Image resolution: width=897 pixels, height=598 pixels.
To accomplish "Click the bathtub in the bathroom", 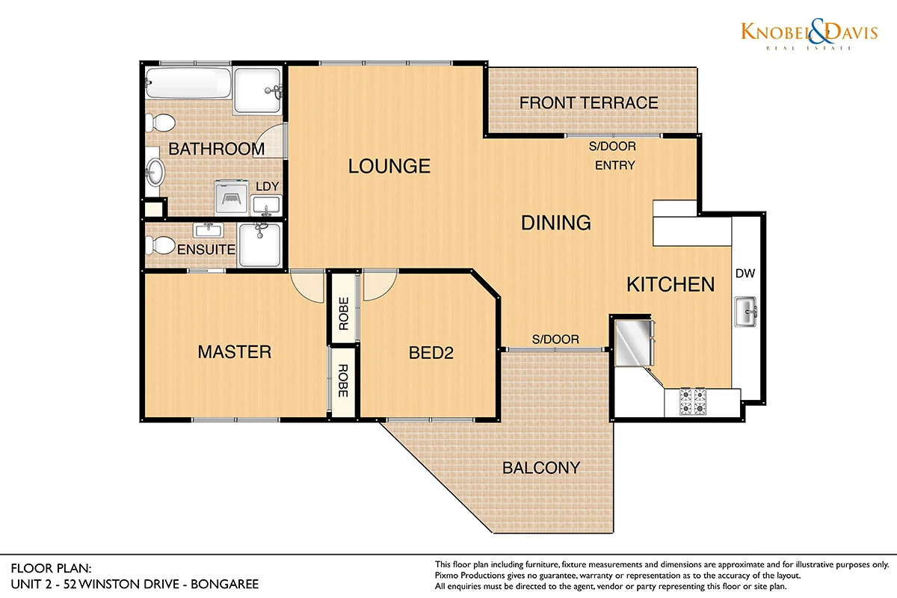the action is (x=188, y=83).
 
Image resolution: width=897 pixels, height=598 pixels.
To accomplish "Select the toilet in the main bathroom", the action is (x=160, y=123).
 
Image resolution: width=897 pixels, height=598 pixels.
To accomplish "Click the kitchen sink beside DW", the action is (x=746, y=312).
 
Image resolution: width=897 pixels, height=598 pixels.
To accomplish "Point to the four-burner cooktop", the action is (x=693, y=401).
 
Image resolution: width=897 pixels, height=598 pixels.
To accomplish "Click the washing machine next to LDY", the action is (x=232, y=197).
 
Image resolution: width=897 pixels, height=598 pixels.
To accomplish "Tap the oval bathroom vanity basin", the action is (x=155, y=172).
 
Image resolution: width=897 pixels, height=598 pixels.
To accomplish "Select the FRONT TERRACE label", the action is (x=589, y=103).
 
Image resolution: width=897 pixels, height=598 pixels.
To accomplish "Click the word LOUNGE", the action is (x=389, y=166).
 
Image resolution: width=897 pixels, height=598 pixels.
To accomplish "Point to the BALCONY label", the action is (x=541, y=468).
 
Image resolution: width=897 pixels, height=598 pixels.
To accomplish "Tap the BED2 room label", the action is (x=431, y=353).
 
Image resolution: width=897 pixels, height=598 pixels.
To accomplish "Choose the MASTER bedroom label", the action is (x=235, y=352).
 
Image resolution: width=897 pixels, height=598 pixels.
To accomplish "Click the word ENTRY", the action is (x=615, y=165).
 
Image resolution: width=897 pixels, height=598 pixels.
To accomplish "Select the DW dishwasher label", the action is (x=745, y=274).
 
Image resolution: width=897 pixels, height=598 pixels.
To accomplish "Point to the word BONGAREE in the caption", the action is (x=225, y=585).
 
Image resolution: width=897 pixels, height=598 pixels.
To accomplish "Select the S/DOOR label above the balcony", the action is (x=555, y=339).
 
